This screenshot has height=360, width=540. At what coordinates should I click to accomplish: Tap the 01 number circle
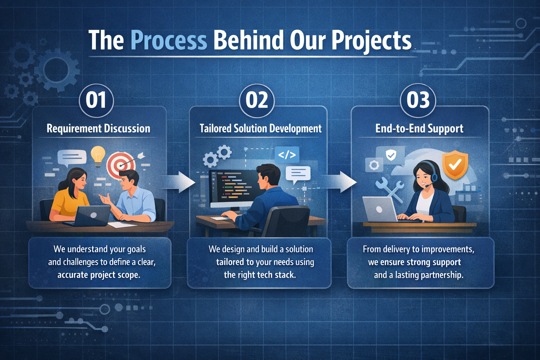pos(96,101)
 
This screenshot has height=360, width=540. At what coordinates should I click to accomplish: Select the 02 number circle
pos(257,101)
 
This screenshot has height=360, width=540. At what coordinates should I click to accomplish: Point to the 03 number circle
pos(418,101)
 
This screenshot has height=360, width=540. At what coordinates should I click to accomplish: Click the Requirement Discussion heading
pos(98,129)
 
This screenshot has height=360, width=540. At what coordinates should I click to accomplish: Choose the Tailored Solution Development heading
pos(261,129)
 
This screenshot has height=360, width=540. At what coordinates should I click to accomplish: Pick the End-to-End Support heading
pos(419,129)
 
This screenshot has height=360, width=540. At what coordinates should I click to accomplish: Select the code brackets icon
pos(287,155)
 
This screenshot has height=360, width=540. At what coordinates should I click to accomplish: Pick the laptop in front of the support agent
pos(380,209)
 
